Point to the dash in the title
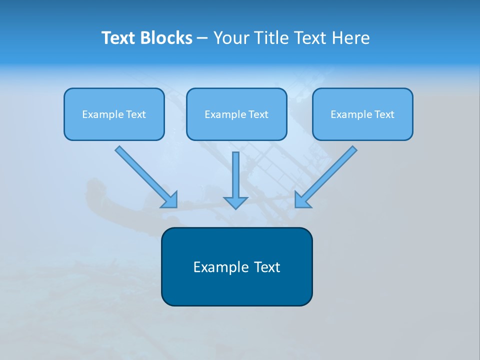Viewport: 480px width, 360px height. coord(202,38)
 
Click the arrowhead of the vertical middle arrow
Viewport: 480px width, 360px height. coord(235,202)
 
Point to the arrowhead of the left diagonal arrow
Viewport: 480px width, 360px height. coord(170,200)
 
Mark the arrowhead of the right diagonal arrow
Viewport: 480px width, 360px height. coord(302,200)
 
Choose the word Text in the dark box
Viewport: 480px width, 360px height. coord(267,267)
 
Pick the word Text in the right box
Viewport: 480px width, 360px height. coord(384,114)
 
